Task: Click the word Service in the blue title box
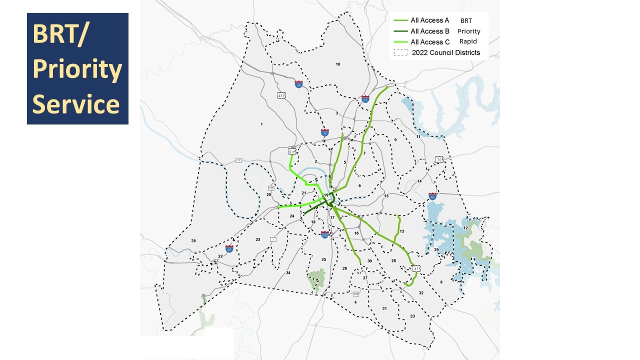click(x=76, y=104)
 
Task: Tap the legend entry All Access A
click(x=429, y=20)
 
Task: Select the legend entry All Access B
click(x=429, y=31)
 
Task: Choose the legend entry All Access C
click(x=429, y=42)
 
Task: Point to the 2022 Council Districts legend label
click(x=445, y=53)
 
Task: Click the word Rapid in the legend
click(x=468, y=41)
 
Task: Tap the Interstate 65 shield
click(x=365, y=99)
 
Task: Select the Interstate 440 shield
click(x=325, y=234)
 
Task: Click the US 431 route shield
click(x=281, y=95)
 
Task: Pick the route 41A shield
click(x=292, y=151)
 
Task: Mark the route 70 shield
click(x=439, y=160)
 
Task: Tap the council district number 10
click(x=338, y=64)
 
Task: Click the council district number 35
click(x=193, y=241)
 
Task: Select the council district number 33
click(x=412, y=316)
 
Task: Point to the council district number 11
click(x=418, y=137)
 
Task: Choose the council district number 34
click(x=288, y=273)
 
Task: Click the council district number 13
click(x=402, y=231)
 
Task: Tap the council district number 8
click(x=441, y=282)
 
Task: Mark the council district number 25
click(x=323, y=259)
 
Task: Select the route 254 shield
click(x=356, y=294)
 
